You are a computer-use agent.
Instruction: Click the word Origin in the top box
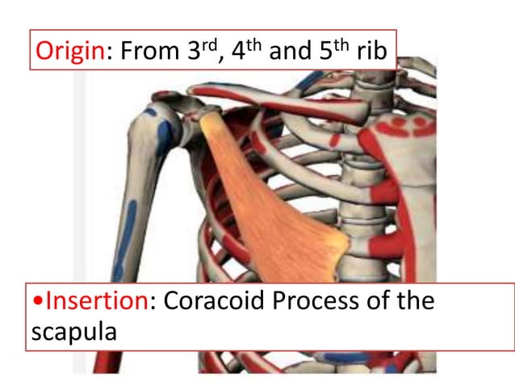coord(69,52)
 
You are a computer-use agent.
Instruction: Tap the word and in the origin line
coord(291,52)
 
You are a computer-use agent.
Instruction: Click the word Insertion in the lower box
coord(98,302)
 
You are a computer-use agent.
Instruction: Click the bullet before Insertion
coord(38,303)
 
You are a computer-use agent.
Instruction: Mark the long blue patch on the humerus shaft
coord(122,242)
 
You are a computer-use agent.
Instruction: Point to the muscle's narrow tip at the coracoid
coord(209,120)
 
